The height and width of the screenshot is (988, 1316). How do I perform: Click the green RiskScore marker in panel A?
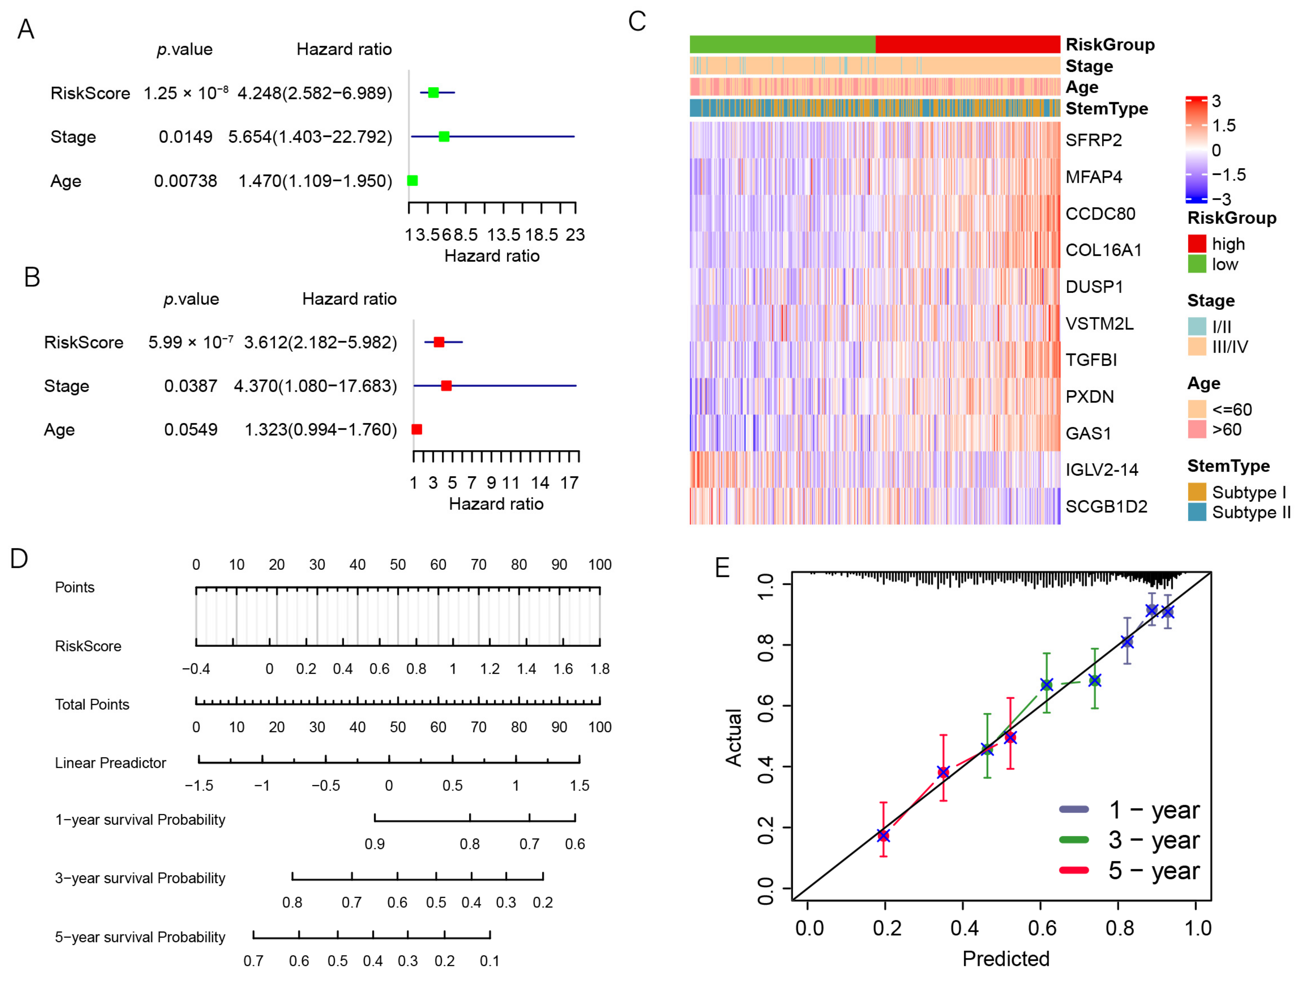(x=433, y=92)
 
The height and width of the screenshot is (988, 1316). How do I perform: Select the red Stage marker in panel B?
(x=446, y=386)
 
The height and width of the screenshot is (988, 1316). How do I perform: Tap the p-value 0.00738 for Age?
(x=185, y=181)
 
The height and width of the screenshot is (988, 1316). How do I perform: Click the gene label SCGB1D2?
(x=1106, y=506)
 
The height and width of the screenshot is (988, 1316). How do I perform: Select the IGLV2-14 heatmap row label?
(x=1101, y=470)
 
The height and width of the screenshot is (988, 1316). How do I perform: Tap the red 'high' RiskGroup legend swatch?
(x=1196, y=244)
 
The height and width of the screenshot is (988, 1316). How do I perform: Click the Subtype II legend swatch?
(x=1196, y=512)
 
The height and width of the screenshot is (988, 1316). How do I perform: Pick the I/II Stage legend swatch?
(x=1196, y=326)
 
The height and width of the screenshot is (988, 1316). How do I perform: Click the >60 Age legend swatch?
(x=1196, y=429)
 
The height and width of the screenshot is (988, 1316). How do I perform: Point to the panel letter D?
(x=19, y=558)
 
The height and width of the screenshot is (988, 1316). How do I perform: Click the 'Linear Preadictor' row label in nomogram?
(x=110, y=763)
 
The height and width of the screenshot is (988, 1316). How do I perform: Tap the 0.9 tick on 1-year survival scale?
(x=375, y=844)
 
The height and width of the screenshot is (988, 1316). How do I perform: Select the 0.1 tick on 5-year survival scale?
(x=490, y=961)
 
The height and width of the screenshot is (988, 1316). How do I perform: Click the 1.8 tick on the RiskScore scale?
(x=600, y=669)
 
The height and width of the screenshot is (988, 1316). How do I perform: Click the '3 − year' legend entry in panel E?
(x=1153, y=840)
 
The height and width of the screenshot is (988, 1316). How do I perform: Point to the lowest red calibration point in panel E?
(x=883, y=835)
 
